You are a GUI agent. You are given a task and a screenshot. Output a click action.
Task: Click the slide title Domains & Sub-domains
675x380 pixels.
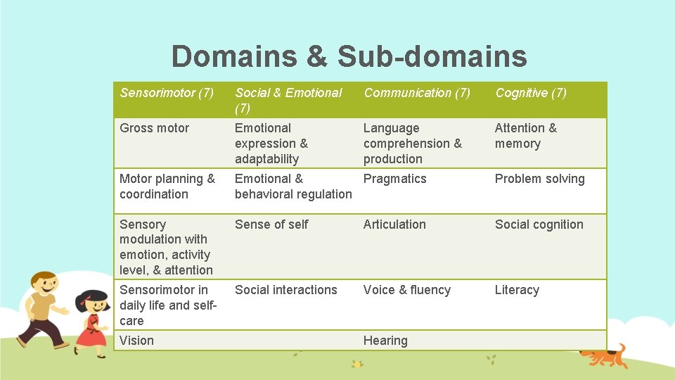(x=349, y=56)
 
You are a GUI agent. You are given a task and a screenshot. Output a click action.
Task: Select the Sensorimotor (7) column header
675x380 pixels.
(x=167, y=93)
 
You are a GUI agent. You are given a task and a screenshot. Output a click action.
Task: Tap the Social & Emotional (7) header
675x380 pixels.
(x=288, y=100)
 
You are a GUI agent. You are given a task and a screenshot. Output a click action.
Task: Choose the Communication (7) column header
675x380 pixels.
(x=417, y=93)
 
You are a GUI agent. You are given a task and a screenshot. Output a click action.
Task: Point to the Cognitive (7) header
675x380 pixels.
(x=531, y=93)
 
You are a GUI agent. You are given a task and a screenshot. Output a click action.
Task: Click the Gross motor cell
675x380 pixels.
(x=155, y=128)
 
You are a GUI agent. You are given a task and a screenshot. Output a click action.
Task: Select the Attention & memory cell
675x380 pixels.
(x=525, y=136)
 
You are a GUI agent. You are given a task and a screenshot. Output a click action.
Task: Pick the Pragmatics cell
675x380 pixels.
(x=394, y=179)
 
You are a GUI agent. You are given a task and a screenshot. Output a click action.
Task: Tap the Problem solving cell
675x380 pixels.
(x=539, y=179)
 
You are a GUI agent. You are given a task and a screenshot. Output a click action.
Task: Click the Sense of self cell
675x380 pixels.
(x=271, y=224)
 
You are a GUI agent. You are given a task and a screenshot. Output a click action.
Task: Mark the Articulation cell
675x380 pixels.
(x=394, y=224)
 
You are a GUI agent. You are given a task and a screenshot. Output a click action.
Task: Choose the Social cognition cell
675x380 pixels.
(x=539, y=224)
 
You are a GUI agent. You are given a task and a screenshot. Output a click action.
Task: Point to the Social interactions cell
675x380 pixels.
(x=285, y=290)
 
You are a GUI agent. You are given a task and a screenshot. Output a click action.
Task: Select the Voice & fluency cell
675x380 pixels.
(x=406, y=290)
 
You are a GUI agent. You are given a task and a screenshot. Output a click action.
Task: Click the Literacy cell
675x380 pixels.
(x=517, y=290)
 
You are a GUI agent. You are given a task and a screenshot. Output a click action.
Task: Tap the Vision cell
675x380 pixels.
(x=136, y=341)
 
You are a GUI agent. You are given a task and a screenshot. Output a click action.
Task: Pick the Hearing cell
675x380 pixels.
(x=385, y=341)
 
